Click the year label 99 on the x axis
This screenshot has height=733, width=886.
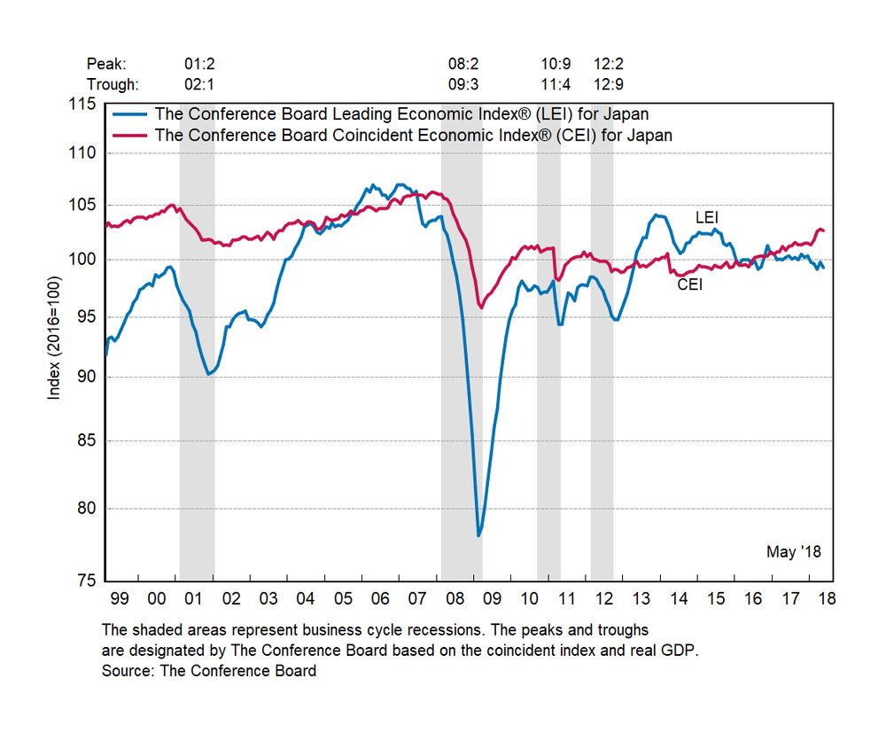click(118, 600)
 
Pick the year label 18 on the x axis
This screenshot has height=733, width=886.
click(826, 600)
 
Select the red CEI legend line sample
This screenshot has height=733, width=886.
click(130, 136)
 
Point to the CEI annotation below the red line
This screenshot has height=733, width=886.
click(689, 285)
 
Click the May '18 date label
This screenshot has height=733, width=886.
click(794, 552)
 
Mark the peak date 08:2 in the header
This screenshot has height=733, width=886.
click(463, 64)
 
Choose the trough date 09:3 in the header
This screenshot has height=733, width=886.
click(463, 85)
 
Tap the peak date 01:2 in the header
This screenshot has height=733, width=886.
click(199, 64)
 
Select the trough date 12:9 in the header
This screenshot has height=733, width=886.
click(609, 85)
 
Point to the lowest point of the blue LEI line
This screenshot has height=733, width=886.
click(478, 535)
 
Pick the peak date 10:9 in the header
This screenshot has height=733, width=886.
click(556, 64)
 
